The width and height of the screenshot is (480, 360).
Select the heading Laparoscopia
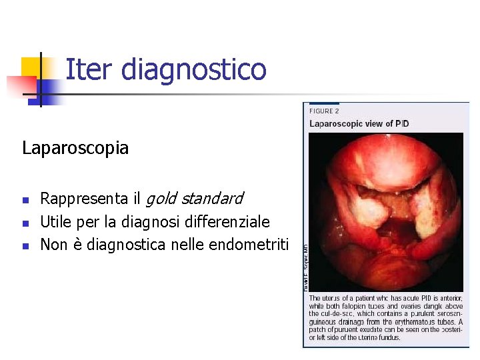tap(75, 147)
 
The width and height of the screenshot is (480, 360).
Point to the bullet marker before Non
tap(25, 246)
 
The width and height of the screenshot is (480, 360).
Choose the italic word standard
tap(211, 198)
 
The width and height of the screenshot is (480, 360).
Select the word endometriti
tap(249, 245)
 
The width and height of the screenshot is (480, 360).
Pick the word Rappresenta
tap(84, 199)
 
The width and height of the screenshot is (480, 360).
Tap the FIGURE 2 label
tap(324, 111)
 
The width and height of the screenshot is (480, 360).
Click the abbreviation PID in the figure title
tap(402, 123)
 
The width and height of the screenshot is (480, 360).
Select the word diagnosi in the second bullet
tap(147, 221)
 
